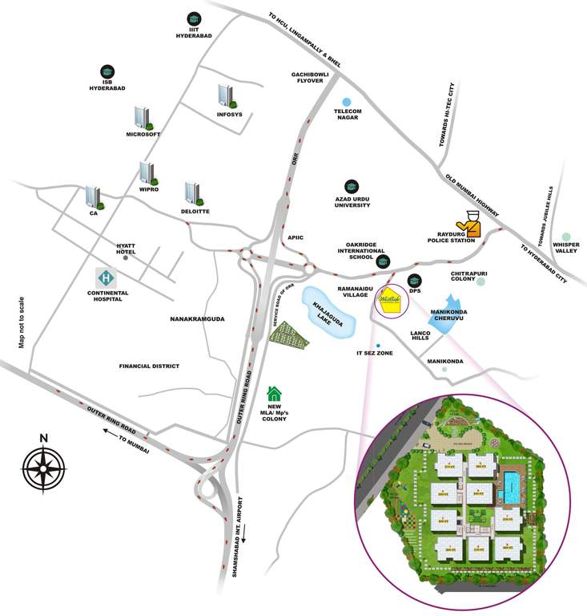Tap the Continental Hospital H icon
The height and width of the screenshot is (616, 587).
click(105, 278)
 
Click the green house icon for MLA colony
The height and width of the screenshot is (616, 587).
click(275, 393)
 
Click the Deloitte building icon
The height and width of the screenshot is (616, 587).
click(193, 192)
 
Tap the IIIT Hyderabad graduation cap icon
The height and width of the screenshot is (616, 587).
click(193, 18)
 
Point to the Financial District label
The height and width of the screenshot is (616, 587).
click(149, 366)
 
